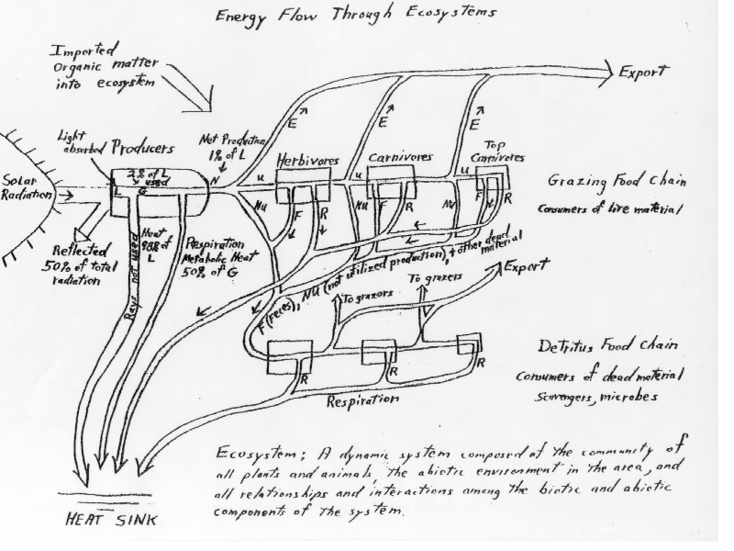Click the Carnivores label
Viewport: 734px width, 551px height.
point(399,158)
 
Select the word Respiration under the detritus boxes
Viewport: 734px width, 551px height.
point(363,401)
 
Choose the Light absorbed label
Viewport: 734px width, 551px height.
point(80,141)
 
